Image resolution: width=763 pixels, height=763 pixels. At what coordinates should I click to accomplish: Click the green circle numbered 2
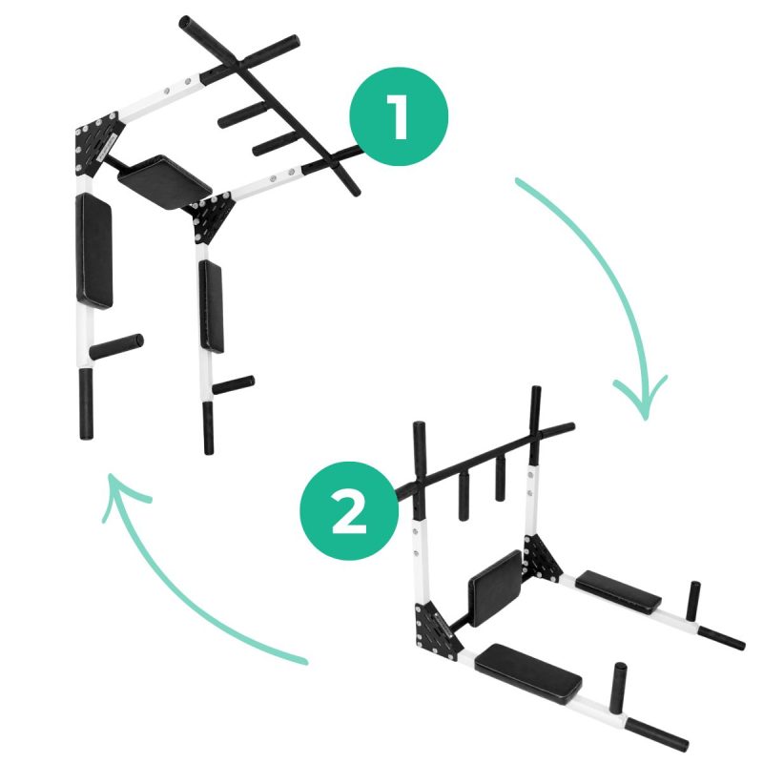tap(348, 513)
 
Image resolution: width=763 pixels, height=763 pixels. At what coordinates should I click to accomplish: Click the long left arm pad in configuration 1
tap(94, 252)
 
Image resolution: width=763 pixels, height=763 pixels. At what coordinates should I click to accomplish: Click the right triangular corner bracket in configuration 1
tap(212, 217)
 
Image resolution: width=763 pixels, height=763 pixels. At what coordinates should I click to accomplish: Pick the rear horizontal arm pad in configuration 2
tap(619, 591)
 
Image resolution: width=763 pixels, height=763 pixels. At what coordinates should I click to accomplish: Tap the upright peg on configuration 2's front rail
tap(620, 684)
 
